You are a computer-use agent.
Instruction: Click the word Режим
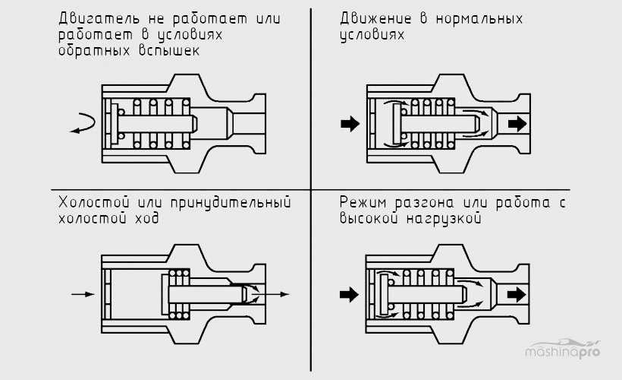(363, 204)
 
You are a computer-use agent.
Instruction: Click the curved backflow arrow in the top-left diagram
(83, 124)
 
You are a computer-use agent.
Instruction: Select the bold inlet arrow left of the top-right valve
(350, 124)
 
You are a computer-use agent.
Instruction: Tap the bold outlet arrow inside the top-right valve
(517, 123)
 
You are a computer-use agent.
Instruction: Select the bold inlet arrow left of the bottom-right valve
(350, 293)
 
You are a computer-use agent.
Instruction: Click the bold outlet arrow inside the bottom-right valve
(517, 293)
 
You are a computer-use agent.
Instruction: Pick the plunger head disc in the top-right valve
(394, 124)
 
